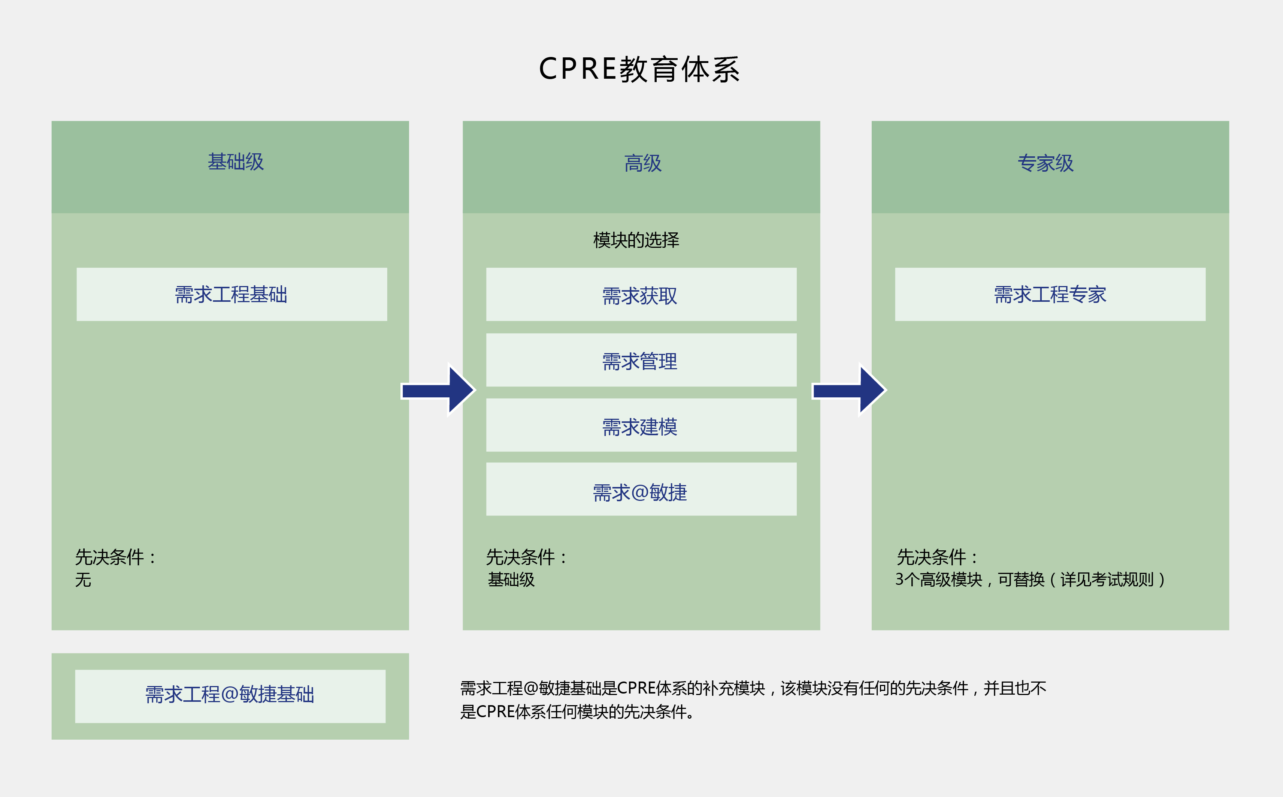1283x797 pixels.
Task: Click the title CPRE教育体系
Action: [x=639, y=69]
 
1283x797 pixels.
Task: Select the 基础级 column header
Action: [x=235, y=162]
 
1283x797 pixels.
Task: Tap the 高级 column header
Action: [x=642, y=163]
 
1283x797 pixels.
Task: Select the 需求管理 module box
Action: [x=641, y=361]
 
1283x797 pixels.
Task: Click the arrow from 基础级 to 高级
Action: [x=437, y=391]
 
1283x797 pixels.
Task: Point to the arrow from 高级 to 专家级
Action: [x=848, y=391]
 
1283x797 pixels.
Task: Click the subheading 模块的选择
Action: [x=636, y=240]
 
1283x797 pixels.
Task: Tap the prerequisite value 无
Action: [x=83, y=580]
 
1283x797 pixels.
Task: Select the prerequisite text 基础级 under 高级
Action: [x=511, y=580]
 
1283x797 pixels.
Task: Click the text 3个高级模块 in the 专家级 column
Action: [x=938, y=580]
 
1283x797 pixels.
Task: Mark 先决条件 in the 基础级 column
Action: [x=109, y=557]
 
